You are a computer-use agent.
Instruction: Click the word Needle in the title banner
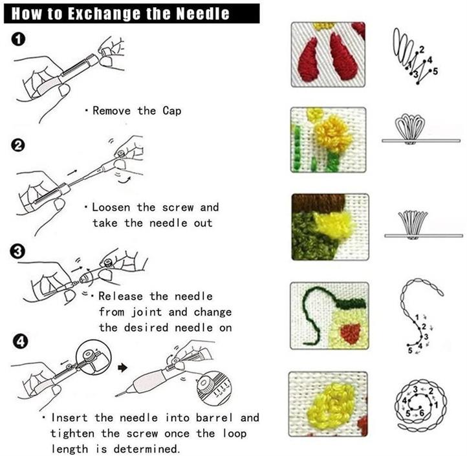(203, 14)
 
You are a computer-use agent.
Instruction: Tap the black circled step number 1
(18, 39)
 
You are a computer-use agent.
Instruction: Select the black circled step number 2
(18, 146)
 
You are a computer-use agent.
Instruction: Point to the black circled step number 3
(17, 251)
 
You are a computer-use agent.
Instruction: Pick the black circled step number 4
(20, 342)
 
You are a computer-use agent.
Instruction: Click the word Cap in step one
(172, 111)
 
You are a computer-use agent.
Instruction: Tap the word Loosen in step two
(111, 207)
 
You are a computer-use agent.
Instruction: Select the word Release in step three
(120, 296)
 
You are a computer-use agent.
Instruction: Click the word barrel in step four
(215, 418)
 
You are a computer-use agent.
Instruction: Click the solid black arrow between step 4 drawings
(122, 368)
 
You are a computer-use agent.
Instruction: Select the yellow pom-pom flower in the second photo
(333, 133)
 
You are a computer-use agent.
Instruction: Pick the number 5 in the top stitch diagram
(435, 72)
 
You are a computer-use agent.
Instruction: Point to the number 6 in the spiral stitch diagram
(422, 413)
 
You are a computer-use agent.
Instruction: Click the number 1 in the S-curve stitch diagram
(417, 317)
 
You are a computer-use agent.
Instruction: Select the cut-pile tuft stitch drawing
(413, 223)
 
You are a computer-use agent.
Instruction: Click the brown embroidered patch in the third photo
(318, 203)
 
